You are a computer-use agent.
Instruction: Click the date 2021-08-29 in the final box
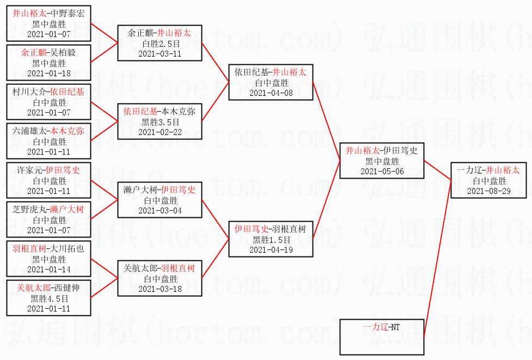tap(488, 191)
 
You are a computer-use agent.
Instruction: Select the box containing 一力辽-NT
tap(381, 337)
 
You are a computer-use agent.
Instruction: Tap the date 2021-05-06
tap(382, 171)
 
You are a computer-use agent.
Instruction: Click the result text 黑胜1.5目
tap(271, 240)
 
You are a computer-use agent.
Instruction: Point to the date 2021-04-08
tap(271, 93)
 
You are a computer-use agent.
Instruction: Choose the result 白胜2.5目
tap(160, 44)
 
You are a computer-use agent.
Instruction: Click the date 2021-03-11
tap(160, 53)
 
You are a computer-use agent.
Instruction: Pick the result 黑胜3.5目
tap(160, 122)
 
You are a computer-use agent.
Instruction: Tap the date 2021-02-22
tap(160, 132)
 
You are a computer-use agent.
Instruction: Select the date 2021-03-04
tap(160, 210)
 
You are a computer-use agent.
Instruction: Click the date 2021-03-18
tap(160, 289)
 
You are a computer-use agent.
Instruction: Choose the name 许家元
tap(29, 171)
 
